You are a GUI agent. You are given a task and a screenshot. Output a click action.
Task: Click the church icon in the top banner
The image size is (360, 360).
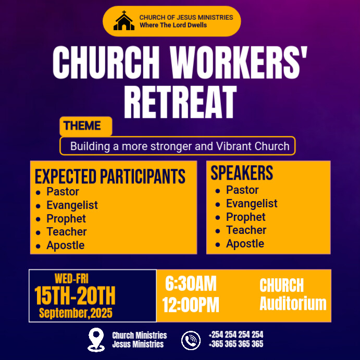124,21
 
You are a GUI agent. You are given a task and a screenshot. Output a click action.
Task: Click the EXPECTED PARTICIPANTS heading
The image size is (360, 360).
110,176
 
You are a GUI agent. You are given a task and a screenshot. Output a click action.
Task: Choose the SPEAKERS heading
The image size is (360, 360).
242,173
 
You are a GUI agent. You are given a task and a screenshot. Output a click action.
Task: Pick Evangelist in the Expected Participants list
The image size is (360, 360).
72,205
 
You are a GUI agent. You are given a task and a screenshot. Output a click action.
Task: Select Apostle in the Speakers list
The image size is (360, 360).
245,244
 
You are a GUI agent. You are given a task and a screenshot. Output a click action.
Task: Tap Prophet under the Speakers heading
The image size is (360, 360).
246,217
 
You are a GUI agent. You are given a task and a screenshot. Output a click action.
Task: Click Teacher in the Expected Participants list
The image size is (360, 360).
67,232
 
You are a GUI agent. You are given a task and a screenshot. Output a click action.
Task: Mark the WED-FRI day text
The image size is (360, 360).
71,279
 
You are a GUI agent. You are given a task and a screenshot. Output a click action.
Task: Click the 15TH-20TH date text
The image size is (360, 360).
75,296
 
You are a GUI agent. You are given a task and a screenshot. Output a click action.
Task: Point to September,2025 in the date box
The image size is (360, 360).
76,313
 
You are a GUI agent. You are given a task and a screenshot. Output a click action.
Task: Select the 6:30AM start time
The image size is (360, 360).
191,284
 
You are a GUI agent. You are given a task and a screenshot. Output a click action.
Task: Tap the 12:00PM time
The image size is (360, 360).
191,305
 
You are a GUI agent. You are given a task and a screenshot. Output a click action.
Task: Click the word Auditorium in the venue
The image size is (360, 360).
293,304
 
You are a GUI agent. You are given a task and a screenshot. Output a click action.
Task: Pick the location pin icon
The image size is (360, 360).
96,339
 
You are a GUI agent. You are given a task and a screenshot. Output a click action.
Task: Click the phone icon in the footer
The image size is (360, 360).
191,340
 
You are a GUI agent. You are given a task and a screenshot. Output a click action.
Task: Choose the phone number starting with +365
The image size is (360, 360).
235,344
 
